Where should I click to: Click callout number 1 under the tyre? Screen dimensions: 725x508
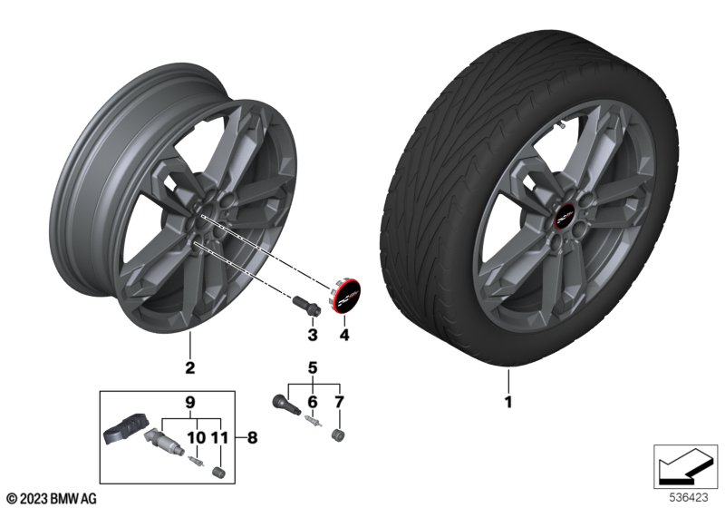pos(508,400)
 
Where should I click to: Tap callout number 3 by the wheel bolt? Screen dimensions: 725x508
pos(312,336)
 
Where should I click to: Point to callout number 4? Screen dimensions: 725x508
pos(343,336)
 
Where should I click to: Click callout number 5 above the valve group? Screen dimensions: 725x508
pos(314,368)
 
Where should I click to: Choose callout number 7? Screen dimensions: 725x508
pos(339,401)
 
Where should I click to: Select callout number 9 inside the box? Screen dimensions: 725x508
pos(190,401)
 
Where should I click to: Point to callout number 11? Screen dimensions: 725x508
pos(217,436)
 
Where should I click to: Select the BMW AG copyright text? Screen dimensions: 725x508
pos(51,496)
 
